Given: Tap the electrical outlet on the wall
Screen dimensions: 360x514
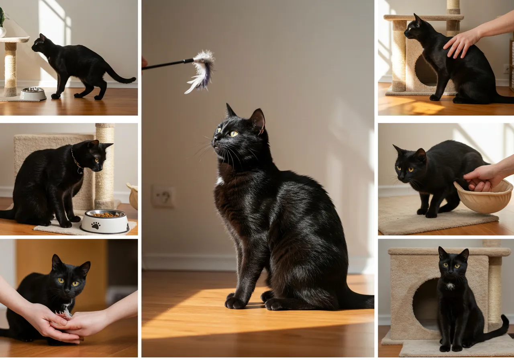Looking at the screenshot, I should [x=162, y=196].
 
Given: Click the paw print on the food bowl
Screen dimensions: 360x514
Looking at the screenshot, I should [x=96, y=225].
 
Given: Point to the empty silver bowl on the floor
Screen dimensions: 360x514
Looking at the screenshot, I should [x=33, y=94].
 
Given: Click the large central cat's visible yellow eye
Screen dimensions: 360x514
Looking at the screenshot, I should [x=233, y=133].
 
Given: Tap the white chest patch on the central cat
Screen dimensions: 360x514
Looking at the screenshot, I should [x=219, y=181].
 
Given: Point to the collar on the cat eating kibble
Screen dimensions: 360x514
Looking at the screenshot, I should [x=76, y=161].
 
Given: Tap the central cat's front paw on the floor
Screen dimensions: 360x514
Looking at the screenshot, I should [x=235, y=303].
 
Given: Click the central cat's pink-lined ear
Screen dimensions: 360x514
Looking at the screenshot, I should [x=258, y=120].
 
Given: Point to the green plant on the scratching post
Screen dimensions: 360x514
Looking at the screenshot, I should [x=2, y=18].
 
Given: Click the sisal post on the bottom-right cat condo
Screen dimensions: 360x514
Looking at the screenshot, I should [x=494, y=289].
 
